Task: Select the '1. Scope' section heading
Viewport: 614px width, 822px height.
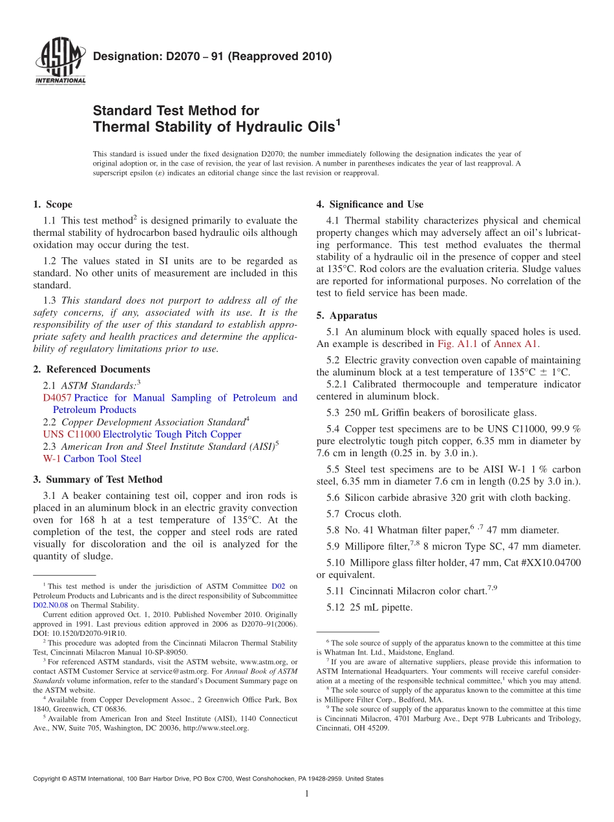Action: [53, 204]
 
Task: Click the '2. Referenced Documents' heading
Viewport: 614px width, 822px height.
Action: [92, 369]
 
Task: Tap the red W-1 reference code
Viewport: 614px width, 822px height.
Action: [52, 458]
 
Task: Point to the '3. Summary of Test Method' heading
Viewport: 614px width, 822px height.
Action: [98, 479]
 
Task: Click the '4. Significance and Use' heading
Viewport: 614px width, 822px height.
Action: [370, 204]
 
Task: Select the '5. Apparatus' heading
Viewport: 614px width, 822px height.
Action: [346, 315]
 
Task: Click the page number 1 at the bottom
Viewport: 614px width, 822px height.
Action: [307, 794]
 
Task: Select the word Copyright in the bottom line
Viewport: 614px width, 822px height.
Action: [48, 779]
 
